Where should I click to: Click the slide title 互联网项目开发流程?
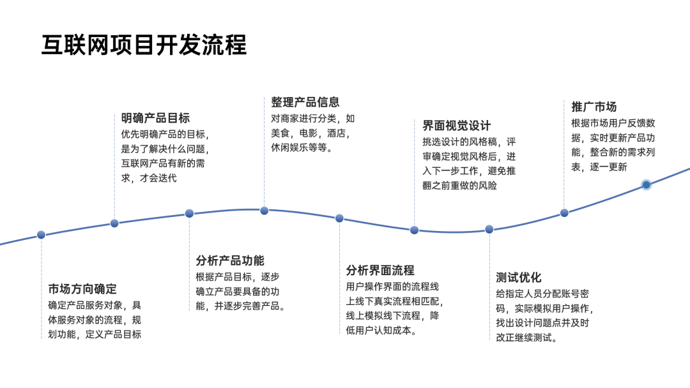[x=144, y=45]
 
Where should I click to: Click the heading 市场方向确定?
[x=82, y=288]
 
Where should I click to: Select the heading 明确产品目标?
[x=155, y=118]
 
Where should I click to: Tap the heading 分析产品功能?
[x=230, y=260]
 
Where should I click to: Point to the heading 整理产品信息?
[x=305, y=102]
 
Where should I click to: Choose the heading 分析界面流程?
[x=380, y=270]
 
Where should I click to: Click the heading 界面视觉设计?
[x=456, y=125]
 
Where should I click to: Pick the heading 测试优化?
[x=518, y=277]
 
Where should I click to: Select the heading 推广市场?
[x=594, y=107]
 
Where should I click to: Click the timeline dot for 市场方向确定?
[x=41, y=235]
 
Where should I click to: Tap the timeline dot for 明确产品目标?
[x=114, y=223]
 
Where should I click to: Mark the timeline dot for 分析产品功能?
[x=189, y=213]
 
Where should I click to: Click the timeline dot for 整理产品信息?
[x=264, y=211]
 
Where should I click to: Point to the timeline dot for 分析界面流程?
[x=339, y=218]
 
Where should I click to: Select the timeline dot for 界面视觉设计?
[x=414, y=230]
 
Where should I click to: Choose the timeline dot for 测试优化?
[x=489, y=229]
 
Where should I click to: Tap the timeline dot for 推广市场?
[x=564, y=213]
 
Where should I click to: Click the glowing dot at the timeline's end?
[x=646, y=184]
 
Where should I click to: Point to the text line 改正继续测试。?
[x=526, y=338]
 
